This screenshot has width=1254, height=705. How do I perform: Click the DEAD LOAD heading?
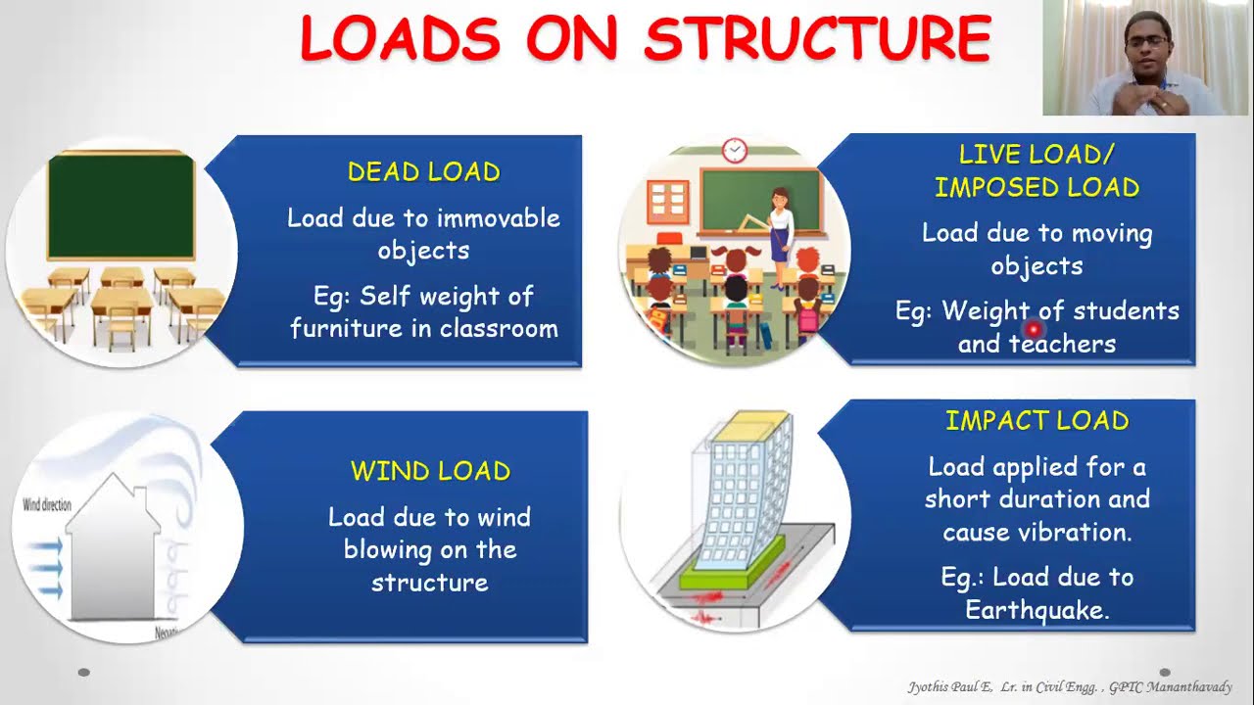coord(423,172)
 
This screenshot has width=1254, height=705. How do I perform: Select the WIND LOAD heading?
coord(430,471)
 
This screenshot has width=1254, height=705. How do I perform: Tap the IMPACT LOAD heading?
coord(1037,421)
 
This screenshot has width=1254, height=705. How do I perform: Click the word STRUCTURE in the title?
coord(818,39)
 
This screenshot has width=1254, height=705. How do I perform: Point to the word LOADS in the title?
coord(400,39)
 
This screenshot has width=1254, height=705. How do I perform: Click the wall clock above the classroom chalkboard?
coord(734,150)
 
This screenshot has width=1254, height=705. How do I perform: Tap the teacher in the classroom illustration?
coord(780,230)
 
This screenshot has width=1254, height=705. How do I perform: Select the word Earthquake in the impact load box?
coord(1036,611)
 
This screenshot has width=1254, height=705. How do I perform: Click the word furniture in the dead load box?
coord(347,329)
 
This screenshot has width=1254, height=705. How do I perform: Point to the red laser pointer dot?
coord(1032,331)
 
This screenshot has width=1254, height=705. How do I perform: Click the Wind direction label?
coord(47,505)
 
